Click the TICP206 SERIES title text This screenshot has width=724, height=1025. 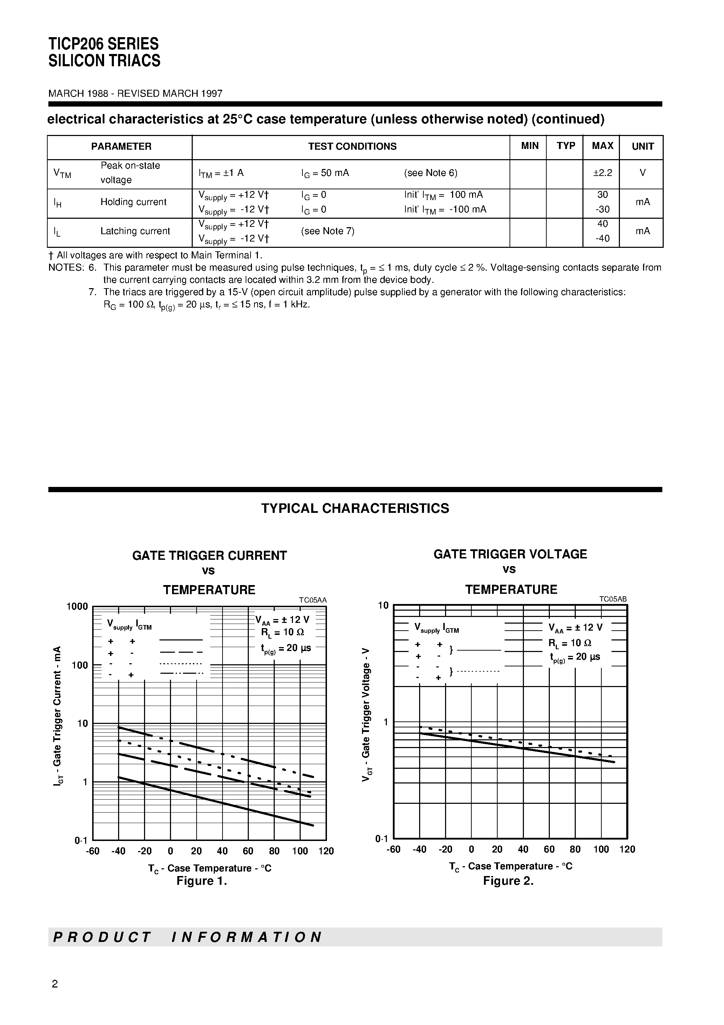(104, 44)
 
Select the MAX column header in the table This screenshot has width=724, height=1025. (602, 146)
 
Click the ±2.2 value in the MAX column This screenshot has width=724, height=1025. (602, 173)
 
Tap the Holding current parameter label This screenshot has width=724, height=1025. (133, 202)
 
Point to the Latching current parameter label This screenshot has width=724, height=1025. (135, 231)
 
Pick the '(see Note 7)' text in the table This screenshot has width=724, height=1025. (328, 231)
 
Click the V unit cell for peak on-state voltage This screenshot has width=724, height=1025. (642, 173)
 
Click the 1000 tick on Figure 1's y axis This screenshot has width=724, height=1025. (77, 606)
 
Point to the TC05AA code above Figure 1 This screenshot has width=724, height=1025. (313, 600)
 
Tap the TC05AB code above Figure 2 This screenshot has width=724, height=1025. (613, 599)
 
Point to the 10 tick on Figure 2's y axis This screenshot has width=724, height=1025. (383, 605)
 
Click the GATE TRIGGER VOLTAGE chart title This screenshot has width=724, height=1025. (510, 554)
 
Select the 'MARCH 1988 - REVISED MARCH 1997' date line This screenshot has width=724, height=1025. (135, 93)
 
